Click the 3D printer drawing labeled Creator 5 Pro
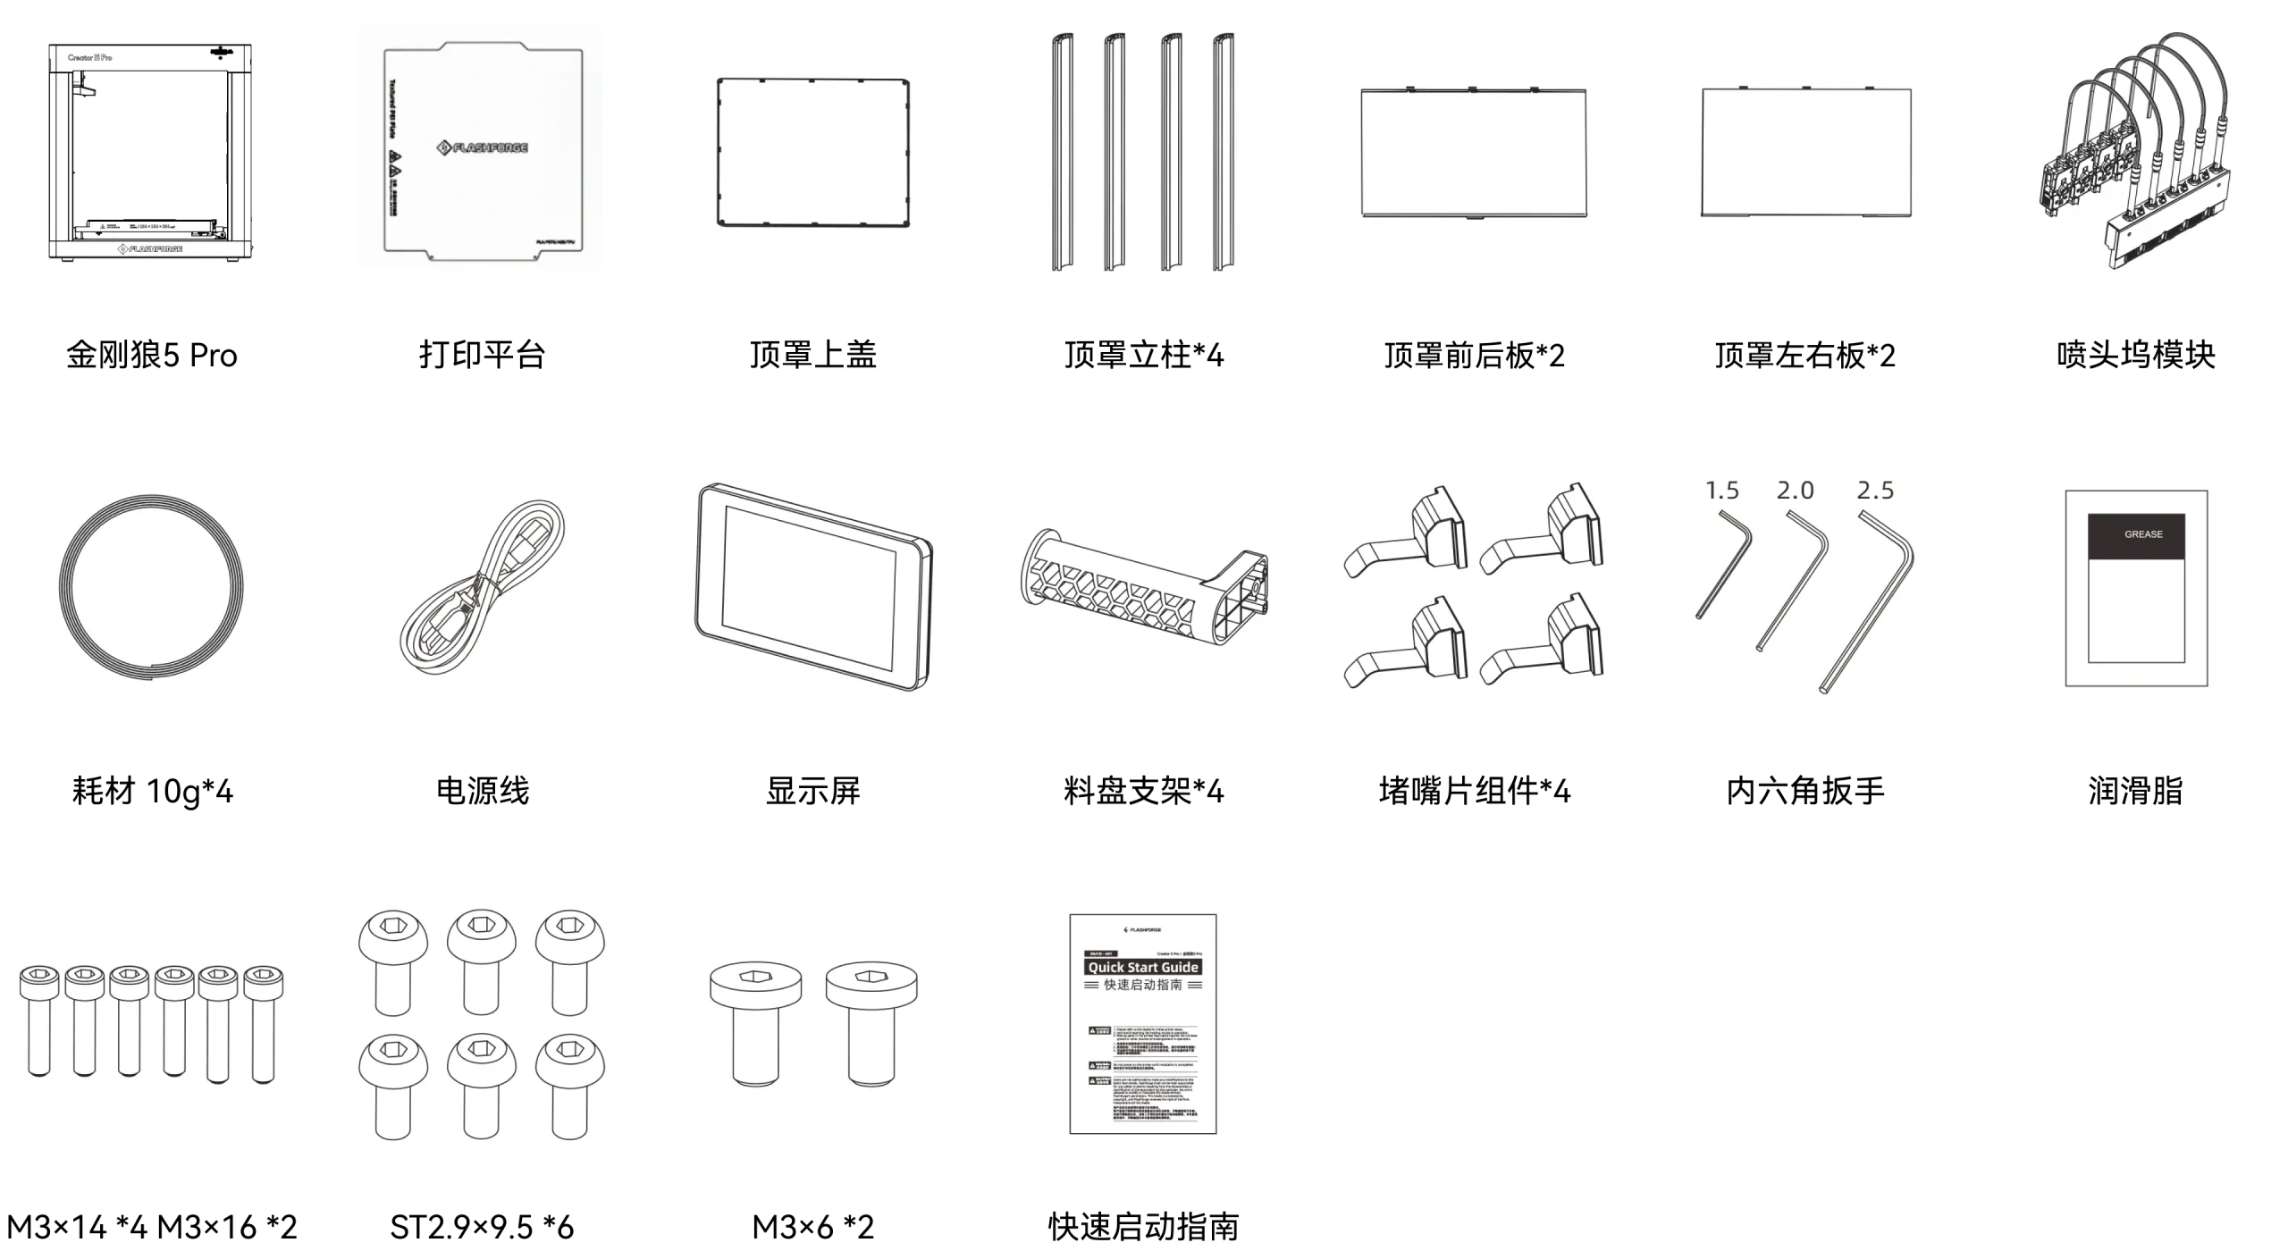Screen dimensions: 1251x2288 [x=150, y=152]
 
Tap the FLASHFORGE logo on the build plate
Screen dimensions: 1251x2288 [x=482, y=147]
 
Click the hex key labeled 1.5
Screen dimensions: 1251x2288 [x=1722, y=563]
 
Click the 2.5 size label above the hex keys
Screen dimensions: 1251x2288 [x=1875, y=491]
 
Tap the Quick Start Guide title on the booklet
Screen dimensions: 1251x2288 [x=1143, y=968]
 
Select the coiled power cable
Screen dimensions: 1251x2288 [x=482, y=590]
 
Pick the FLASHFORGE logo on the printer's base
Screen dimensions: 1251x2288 [x=150, y=249]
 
